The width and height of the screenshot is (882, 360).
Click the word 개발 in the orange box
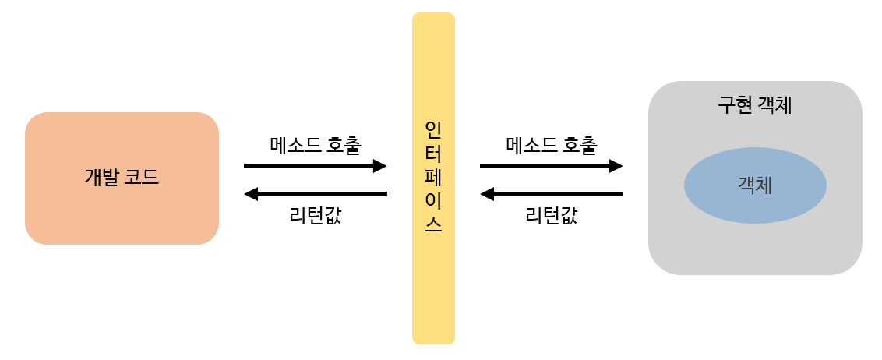[101, 178]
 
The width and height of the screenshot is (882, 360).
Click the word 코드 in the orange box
[142, 178]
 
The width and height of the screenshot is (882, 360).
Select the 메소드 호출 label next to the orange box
[316, 145]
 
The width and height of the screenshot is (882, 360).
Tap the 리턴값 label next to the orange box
[315, 215]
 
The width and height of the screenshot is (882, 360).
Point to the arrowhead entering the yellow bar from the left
[380, 166]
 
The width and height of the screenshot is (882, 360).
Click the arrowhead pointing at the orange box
[251, 194]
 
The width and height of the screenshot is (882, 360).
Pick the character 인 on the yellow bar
[433, 129]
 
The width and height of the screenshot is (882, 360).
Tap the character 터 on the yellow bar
[433, 152]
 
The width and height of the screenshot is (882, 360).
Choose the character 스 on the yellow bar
[433, 224]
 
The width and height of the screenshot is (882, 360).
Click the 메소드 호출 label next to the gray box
[552, 145]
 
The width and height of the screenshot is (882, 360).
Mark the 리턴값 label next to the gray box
[551, 215]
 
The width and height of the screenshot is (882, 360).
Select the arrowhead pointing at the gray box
[616, 166]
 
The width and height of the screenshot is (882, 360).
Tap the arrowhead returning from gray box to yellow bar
[487, 194]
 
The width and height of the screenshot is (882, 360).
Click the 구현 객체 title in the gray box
[754, 105]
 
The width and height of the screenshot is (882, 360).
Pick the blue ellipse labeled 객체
[755, 185]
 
